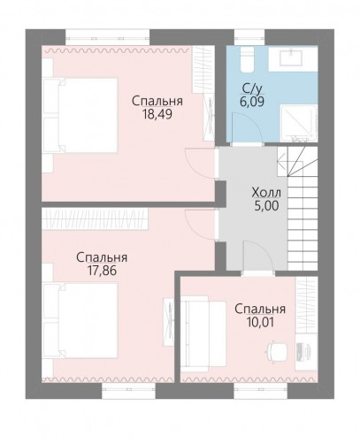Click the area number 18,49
pyautogui.click(x=157, y=114)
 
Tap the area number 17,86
pyautogui.click(x=102, y=271)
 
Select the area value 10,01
pyautogui.click(x=260, y=322)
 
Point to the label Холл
pyautogui.click(x=266, y=193)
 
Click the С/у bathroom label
pyautogui.click(x=252, y=88)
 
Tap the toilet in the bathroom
pyautogui.click(x=247, y=60)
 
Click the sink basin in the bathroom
pyautogui.click(x=291, y=57)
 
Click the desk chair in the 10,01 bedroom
pyautogui.click(x=277, y=351)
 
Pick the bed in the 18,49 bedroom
pyautogui.click(x=80, y=115)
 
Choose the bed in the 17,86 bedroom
pyautogui.click(x=80, y=320)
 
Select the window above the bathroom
pyautogui.click(x=249, y=37)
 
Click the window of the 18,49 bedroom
pyautogui.click(x=108, y=37)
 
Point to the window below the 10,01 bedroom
pyautogui.click(x=261, y=391)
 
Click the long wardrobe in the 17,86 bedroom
pyautogui.click(x=95, y=218)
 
